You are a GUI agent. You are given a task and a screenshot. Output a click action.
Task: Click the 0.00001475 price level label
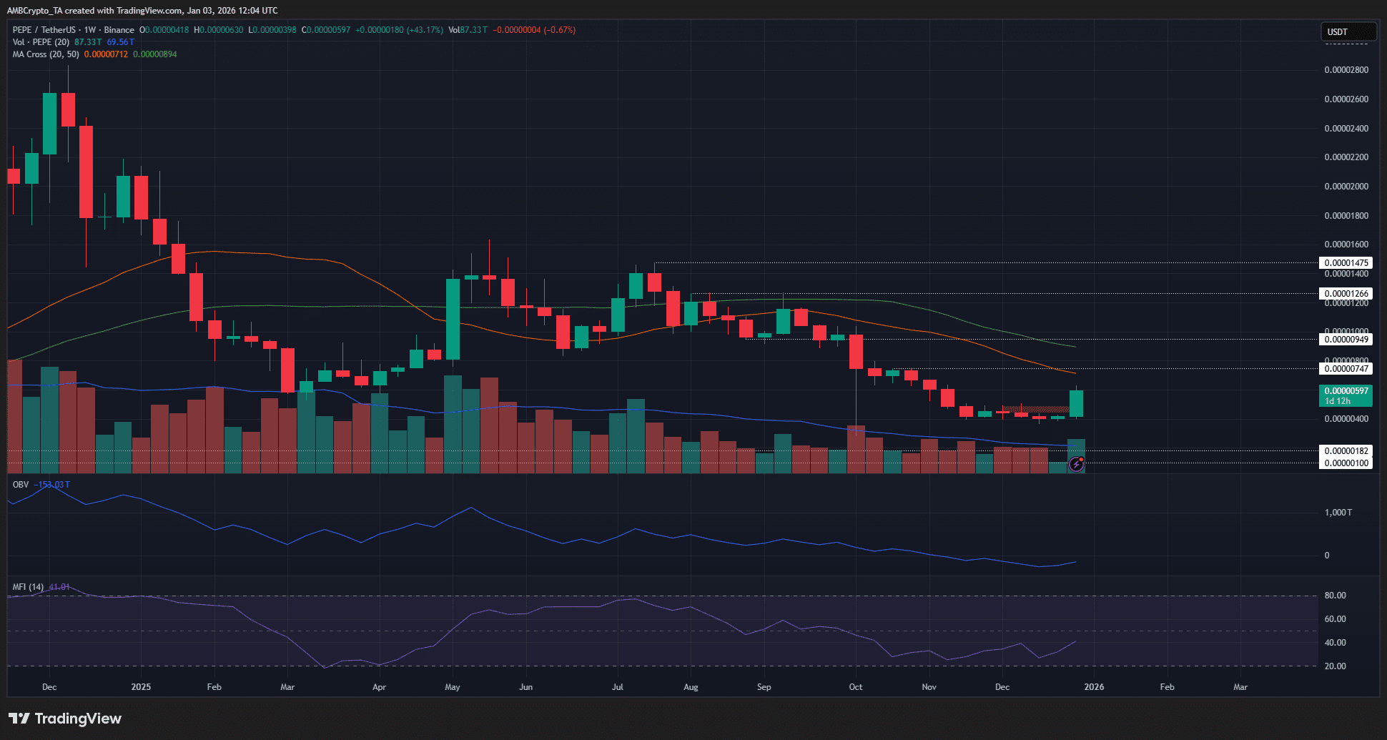(x=1346, y=263)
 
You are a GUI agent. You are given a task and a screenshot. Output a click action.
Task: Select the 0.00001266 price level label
(x=1346, y=294)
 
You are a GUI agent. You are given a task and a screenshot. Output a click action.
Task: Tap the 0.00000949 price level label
(x=1346, y=340)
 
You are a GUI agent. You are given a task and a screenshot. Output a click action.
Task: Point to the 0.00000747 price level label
(x=1346, y=369)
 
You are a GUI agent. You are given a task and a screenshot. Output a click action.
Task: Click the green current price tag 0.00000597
(x=1346, y=392)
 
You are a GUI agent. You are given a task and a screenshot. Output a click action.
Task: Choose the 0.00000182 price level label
(x=1346, y=451)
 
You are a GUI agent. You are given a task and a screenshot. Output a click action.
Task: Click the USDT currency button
(x=1347, y=31)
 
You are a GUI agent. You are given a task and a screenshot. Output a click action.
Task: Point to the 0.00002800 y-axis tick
(x=1346, y=70)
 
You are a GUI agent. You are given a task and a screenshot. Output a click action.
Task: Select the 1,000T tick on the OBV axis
(x=1338, y=513)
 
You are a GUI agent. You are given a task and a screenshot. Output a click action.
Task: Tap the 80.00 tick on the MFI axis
(x=1335, y=596)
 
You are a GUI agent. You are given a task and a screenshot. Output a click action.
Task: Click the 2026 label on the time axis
(x=1094, y=687)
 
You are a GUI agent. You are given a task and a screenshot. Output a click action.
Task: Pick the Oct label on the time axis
(x=855, y=687)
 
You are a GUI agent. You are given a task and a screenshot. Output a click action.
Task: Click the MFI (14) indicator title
(x=28, y=587)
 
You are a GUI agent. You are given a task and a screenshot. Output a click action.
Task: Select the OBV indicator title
(x=21, y=485)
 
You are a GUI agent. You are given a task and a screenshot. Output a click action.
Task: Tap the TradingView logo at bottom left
(x=65, y=719)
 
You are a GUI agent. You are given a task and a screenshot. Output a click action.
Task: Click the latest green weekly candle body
(x=1076, y=404)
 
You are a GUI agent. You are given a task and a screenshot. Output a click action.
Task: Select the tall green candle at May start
(x=453, y=319)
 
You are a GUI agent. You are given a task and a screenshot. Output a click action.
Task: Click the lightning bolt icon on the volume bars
(x=1076, y=465)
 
